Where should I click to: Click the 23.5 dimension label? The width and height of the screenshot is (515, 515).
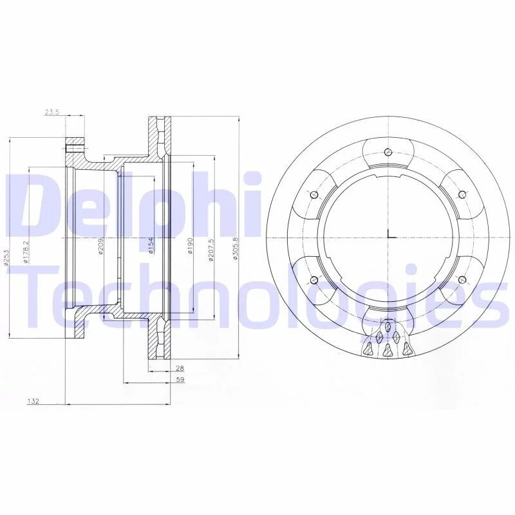51,112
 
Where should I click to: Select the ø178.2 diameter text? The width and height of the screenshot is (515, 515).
26,252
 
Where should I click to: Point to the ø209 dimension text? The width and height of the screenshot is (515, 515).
101,247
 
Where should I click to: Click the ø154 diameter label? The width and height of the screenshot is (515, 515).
151,245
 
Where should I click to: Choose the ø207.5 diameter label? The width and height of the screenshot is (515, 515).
211,250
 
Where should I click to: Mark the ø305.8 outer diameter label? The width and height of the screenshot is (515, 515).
235,248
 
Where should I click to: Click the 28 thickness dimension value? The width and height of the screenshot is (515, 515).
180,368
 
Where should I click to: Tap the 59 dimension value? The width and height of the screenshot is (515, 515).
180,380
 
